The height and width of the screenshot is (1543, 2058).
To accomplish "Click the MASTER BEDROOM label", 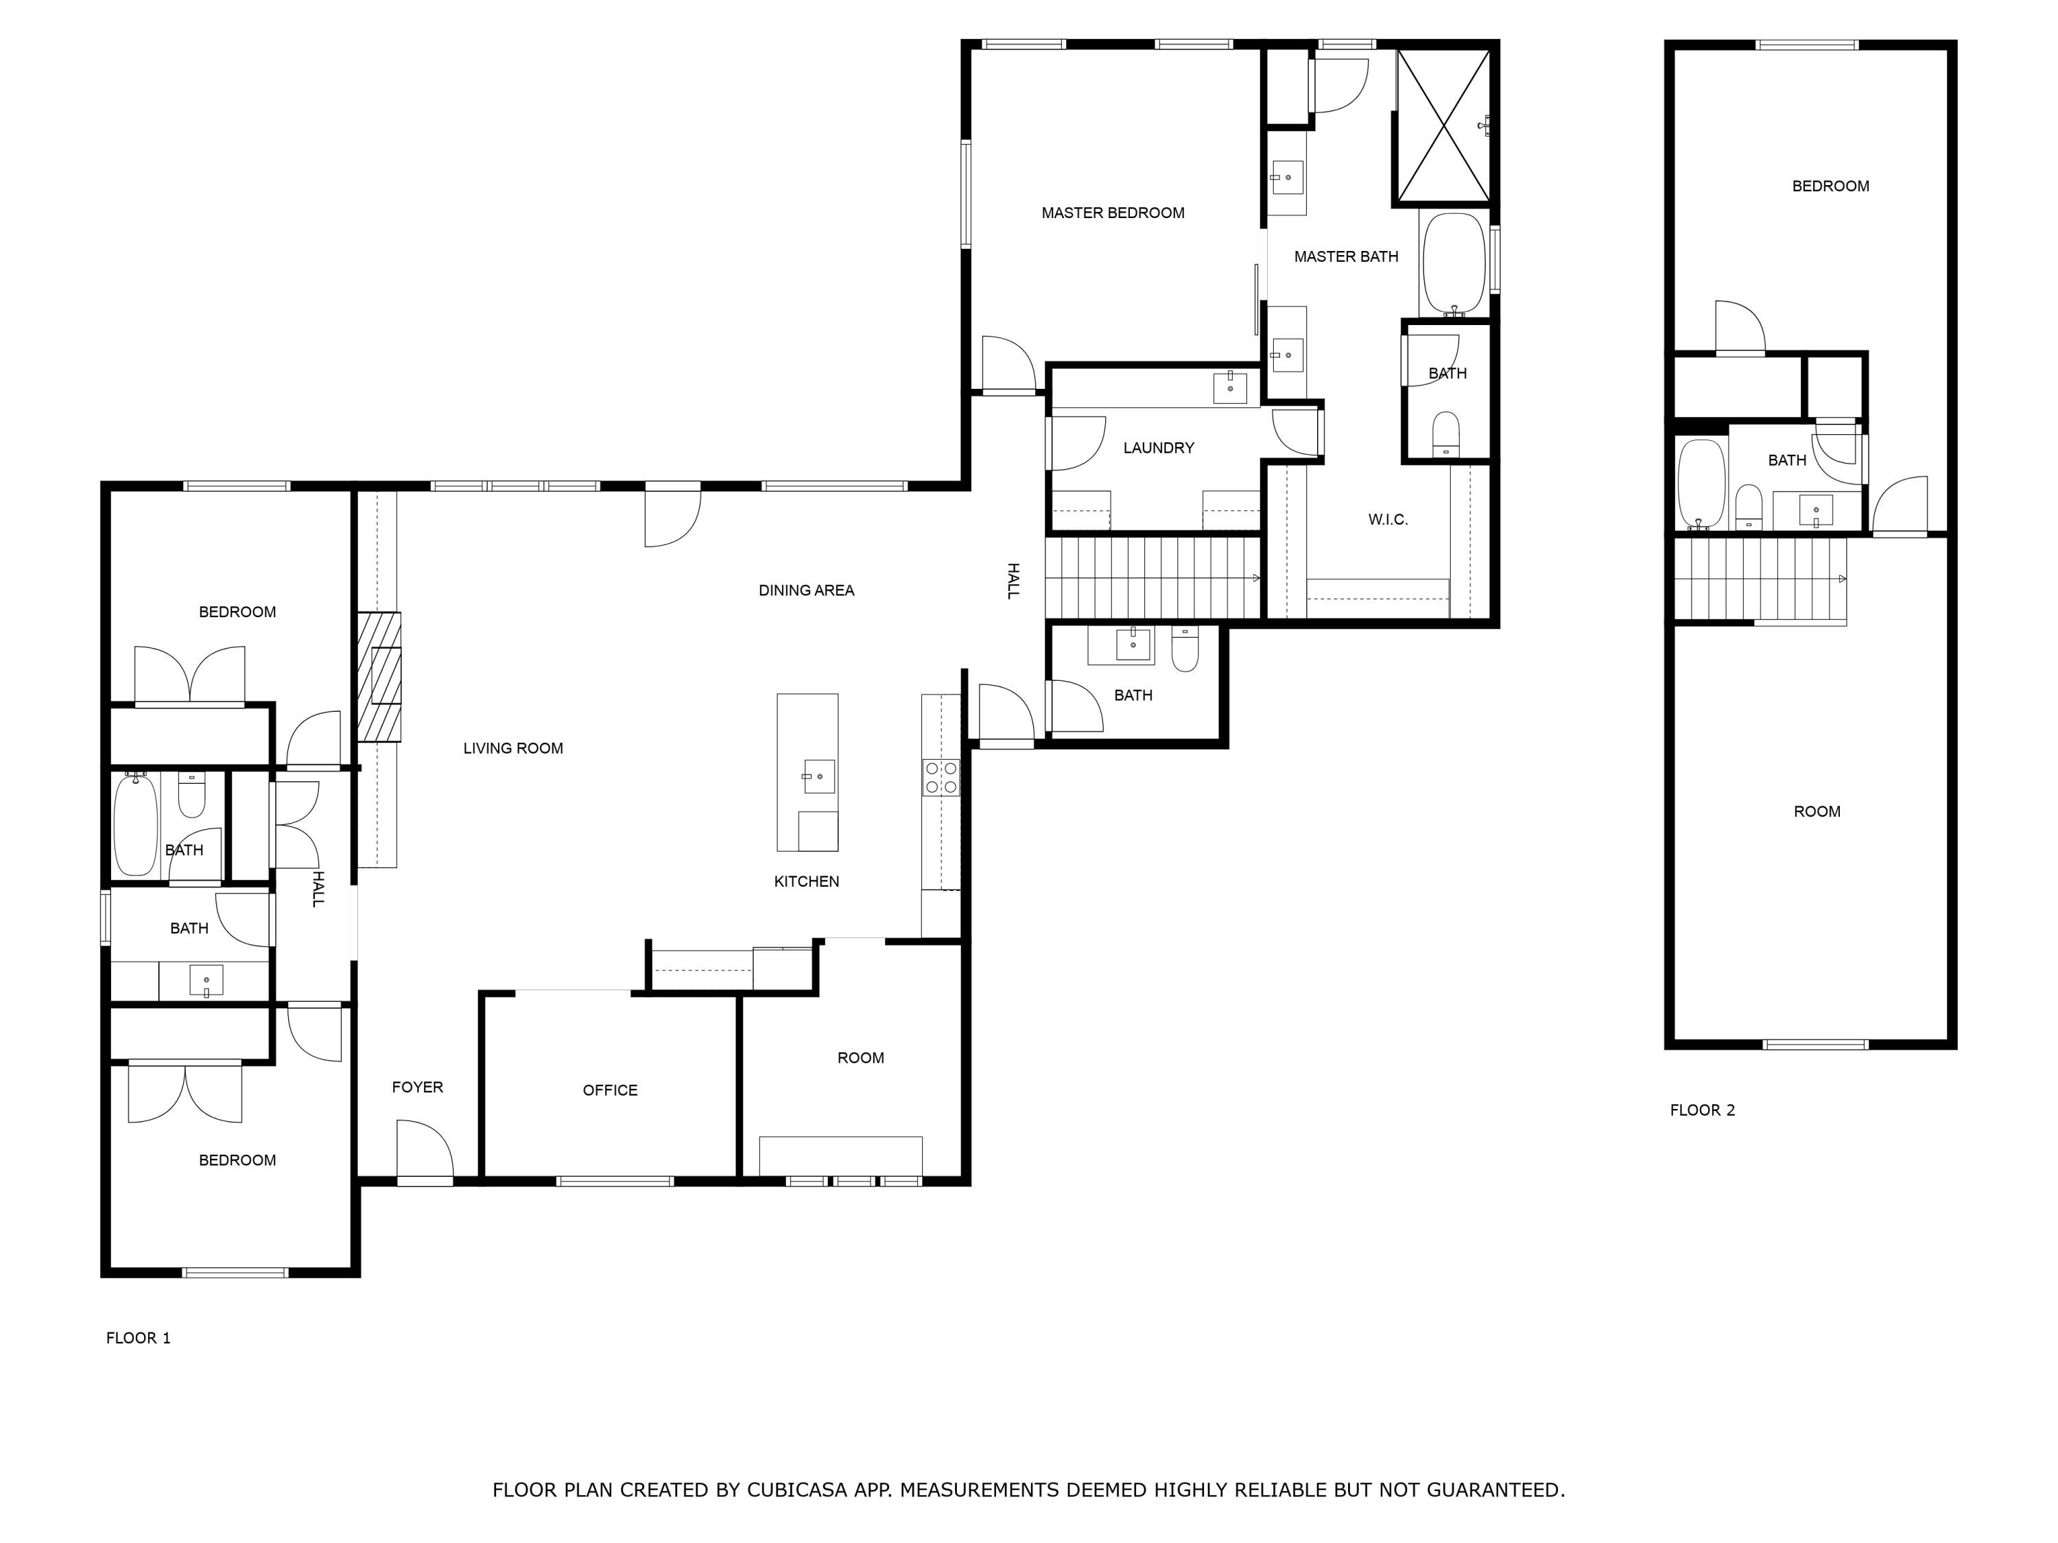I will [x=1113, y=213].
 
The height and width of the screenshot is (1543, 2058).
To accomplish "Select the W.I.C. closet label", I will [x=1387, y=520].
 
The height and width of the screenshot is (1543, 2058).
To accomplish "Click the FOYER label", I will [x=417, y=1087].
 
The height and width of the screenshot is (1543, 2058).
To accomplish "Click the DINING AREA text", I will [x=806, y=590].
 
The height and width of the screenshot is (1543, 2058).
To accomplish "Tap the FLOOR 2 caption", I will [x=1702, y=1110].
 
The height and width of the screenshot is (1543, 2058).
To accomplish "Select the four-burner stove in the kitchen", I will [x=941, y=778].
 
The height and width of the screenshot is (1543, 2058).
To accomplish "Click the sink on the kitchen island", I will [x=818, y=776].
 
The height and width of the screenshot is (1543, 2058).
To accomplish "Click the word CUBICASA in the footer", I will [x=796, y=1490].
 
